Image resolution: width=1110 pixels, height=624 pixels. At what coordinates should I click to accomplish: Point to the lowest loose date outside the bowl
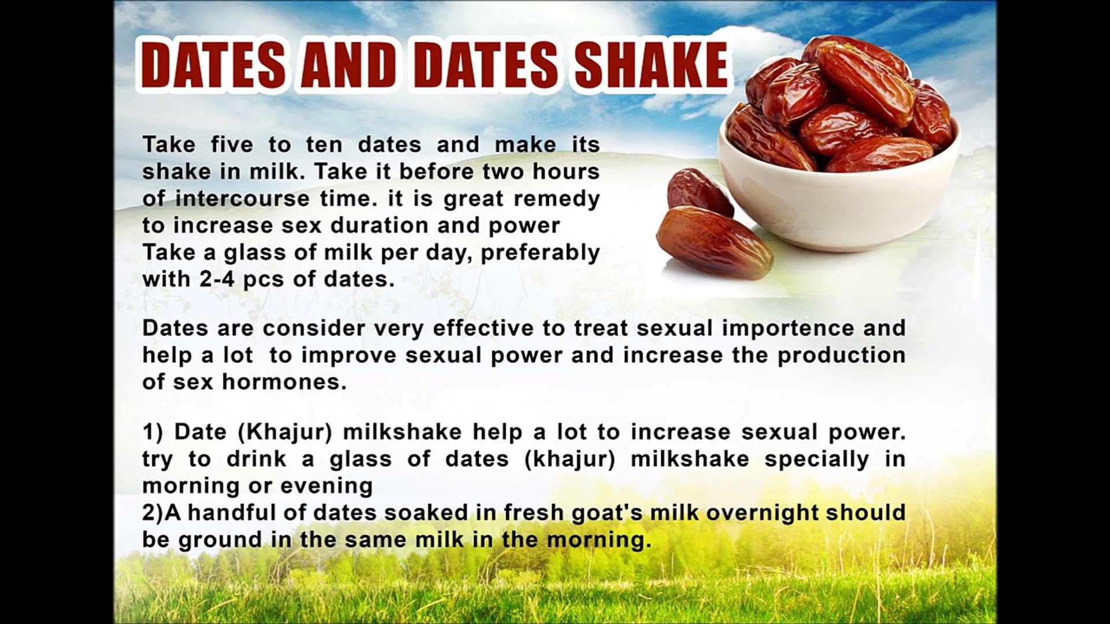pyautogui.click(x=715, y=242)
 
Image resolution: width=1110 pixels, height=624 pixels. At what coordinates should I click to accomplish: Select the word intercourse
pyautogui.click(x=242, y=199)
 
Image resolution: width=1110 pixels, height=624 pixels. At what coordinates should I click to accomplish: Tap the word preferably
pyautogui.click(x=540, y=252)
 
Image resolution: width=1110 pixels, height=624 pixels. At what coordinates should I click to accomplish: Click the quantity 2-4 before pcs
pyautogui.click(x=217, y=280)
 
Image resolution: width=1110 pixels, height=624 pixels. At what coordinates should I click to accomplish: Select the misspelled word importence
pyautogui.click(x=788, y=328)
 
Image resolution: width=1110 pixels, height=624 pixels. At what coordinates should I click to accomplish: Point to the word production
pyautogui.click(x=841, y=355)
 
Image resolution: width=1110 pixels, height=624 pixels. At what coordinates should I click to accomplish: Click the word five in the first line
pyautogui.click(x=232, y=144)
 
